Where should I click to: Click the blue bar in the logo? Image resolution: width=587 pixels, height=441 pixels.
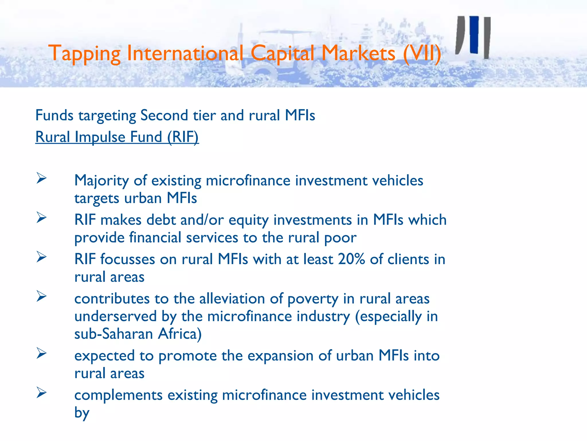point(474,34)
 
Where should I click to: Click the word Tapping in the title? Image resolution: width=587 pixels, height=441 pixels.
point(85,54)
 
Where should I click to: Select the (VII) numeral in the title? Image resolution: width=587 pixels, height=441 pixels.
point(422,54)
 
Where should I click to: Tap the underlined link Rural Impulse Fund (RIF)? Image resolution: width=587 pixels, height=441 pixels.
point(117,137)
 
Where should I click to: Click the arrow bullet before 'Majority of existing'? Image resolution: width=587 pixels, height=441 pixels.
point(42,178)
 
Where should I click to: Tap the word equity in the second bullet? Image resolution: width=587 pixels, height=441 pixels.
point(249,220)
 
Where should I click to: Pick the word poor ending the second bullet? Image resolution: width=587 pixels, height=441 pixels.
point(340,238)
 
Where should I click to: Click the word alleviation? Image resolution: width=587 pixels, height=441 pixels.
point(232,299)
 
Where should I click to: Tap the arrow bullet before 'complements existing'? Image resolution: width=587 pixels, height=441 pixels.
point(42,393)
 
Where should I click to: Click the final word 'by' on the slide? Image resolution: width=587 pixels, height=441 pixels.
point(82,413)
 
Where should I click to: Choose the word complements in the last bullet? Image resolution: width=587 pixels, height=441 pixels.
point(118,395)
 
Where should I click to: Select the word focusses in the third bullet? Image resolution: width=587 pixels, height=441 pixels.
point(128,259)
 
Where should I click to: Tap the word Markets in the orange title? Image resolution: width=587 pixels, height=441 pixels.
point(358,54)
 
